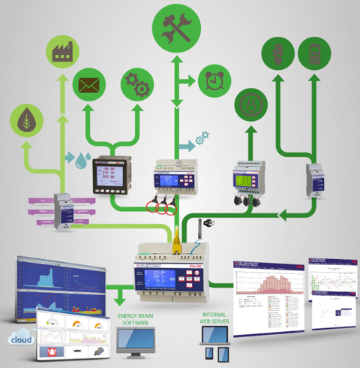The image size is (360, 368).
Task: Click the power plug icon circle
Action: (x=250, y=104)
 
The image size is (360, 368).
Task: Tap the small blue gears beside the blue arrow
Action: (x=202, y=140)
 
